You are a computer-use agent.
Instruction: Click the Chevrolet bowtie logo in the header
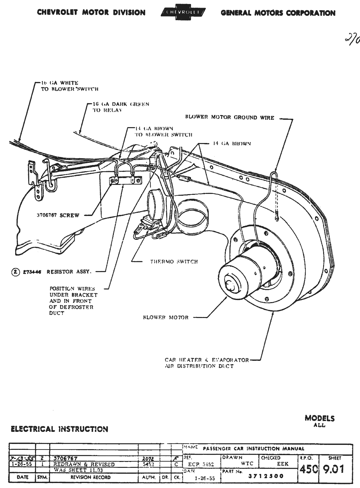click(183, 12)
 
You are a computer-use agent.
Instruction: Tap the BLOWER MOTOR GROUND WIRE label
click(229, 118)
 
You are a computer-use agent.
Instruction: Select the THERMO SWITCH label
click(174, 262)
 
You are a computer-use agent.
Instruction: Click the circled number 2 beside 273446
click(15, 272)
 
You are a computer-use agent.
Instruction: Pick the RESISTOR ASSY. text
click(69, 272)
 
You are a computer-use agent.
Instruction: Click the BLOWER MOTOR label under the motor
click(166, 317)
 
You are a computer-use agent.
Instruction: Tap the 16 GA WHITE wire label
click(60, 83)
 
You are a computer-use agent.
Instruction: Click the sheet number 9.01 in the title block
click(333, 469)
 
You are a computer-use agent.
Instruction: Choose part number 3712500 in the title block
click(266, 476)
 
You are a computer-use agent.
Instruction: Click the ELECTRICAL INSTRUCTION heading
click(59, 429)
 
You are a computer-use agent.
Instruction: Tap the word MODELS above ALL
click(320, 418)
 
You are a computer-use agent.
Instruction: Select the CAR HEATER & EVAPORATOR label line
click(207, 360)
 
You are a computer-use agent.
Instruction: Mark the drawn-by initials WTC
click(247, 463)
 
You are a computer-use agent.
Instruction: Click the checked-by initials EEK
click(282, 464)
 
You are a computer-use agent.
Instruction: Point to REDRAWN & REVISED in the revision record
click(84, 464)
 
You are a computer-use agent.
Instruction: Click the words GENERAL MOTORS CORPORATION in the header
click(278, 13)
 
